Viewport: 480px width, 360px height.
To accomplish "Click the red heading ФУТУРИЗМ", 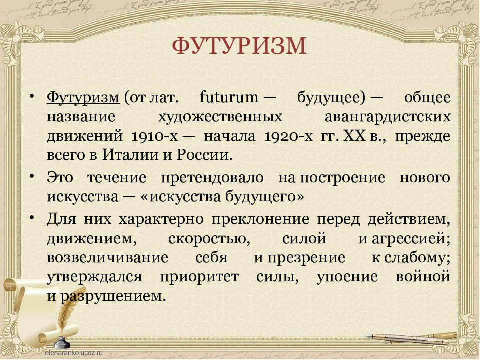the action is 239,46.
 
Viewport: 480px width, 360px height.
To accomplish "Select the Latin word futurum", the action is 229,98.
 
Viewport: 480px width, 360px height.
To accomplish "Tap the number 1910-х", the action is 155,136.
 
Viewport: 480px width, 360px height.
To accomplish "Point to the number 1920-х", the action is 288,136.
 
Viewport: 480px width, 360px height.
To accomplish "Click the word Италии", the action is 130,155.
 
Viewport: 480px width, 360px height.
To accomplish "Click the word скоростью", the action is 209,239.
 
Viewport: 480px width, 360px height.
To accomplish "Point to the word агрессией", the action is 411,239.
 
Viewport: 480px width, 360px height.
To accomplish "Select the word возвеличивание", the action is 108,258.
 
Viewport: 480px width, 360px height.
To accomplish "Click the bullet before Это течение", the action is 32,176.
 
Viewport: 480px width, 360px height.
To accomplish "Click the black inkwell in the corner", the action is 62,342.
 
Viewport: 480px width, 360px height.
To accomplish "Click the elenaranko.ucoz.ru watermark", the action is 74,352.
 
